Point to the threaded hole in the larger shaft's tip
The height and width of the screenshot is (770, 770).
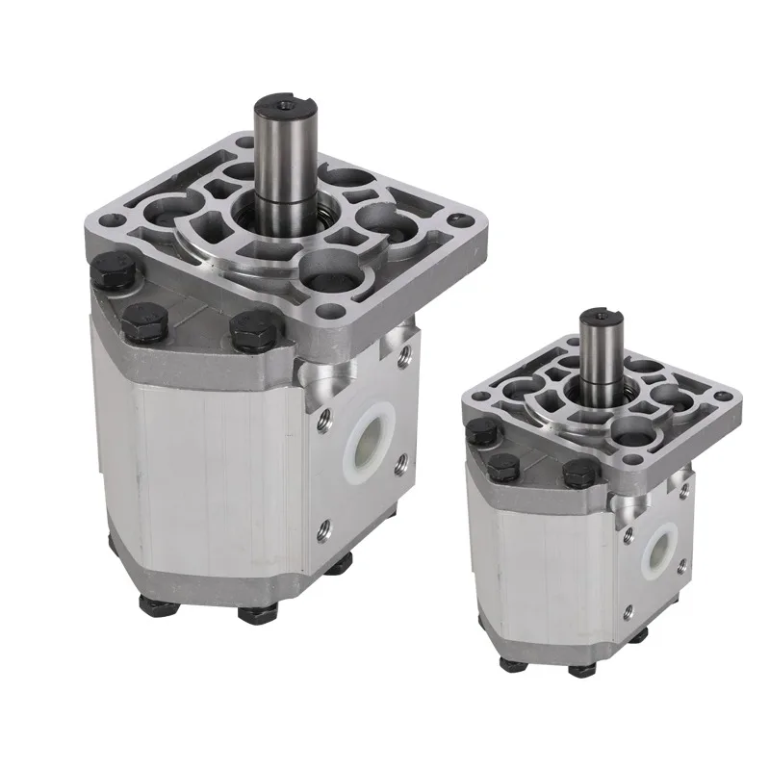pos(280,101)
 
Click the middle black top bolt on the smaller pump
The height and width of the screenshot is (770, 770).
pos(501,467)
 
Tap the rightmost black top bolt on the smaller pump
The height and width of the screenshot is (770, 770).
pos(577,471)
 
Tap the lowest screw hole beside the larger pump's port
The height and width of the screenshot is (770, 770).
pos(324,526)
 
